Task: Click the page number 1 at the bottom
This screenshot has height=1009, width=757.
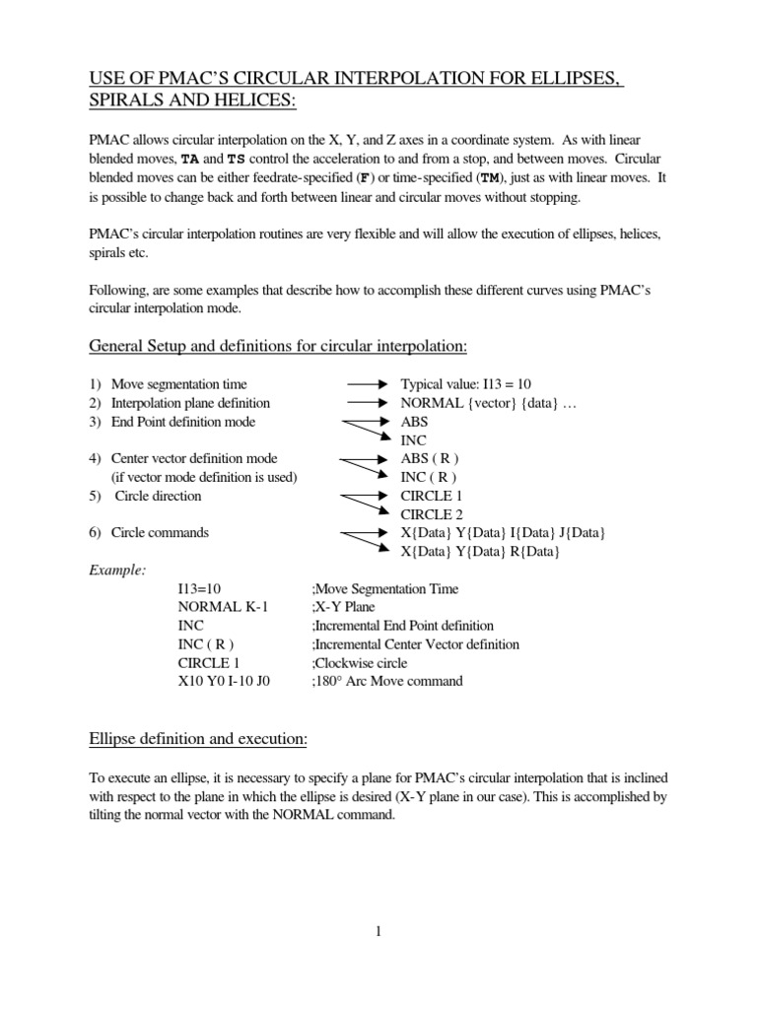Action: [x=378, y=931]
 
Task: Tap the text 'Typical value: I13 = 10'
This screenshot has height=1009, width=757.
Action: [x=466, y=384]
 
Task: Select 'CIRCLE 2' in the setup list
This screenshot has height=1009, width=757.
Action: [x=431, y=514]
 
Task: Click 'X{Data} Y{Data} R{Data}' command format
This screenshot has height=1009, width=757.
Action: [x=480, y=552]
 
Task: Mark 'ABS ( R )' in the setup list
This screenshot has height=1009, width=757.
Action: [x=430, y=458]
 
